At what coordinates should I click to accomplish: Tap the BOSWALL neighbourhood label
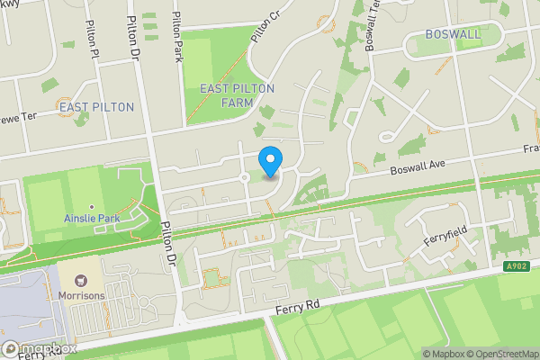tap(454, 34)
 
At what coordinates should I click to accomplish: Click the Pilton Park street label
tap(177, 36)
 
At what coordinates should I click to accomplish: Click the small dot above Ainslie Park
tap(91, 207)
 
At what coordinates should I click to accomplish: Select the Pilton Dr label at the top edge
tap(135, 36)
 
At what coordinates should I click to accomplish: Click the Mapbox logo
tap(39, 349)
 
